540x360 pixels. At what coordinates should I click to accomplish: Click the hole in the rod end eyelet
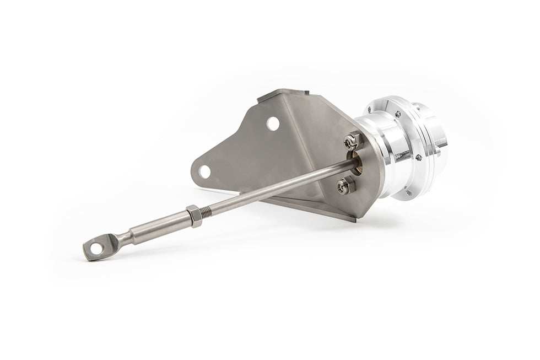[x=96, y=249]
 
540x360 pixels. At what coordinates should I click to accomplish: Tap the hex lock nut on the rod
[x=194, y=216]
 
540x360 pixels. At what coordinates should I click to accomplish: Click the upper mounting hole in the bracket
[x=273, y=123]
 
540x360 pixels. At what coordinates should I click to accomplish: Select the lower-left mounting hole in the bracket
[x=205, y=171]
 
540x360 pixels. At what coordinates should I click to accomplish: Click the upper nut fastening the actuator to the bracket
[x=352, y=142]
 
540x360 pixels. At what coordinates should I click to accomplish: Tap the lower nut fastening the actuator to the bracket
[x=346, y=186]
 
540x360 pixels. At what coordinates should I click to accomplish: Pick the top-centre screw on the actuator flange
[x=397, y=114]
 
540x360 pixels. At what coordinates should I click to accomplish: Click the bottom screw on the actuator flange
[x=408, y=192]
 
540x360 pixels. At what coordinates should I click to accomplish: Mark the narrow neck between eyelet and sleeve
[x=125, y=239]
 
